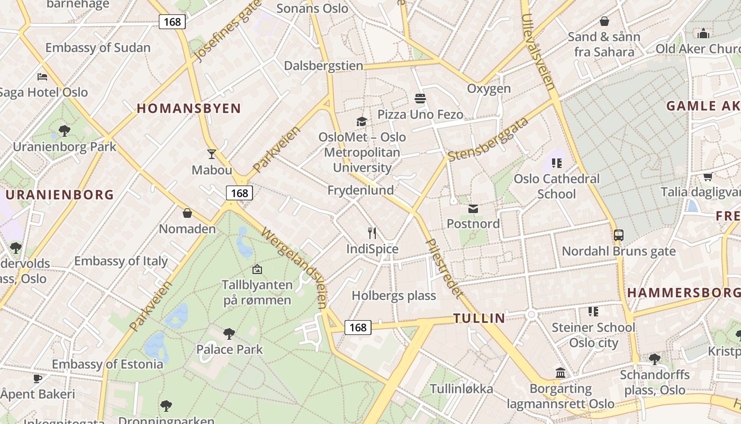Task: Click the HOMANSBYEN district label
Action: click(189, 109)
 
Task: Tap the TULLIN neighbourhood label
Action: click(479, 319)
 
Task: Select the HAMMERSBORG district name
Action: click(683, 293)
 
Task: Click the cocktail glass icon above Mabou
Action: click(212, 154)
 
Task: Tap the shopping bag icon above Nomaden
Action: click(187, 213)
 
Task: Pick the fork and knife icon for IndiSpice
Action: click(372, 233)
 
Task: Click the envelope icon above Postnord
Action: click(473, 209)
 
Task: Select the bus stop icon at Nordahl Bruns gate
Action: click(618, 235)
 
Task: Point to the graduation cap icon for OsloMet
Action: click(362, 121)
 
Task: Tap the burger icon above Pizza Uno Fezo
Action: click(420, 99)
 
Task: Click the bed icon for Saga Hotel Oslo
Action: click(42, 77)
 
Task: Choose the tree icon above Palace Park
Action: click(229, 333)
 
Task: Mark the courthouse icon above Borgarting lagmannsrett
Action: click(561, 373)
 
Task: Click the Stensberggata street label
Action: click(488, 139)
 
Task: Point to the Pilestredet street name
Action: click(444, 268)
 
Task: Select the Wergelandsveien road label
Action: click(294, 268)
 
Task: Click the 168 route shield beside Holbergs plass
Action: click(358, 328)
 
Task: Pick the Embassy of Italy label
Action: click(121, 261)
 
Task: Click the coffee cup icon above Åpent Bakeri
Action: click(37, 378)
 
